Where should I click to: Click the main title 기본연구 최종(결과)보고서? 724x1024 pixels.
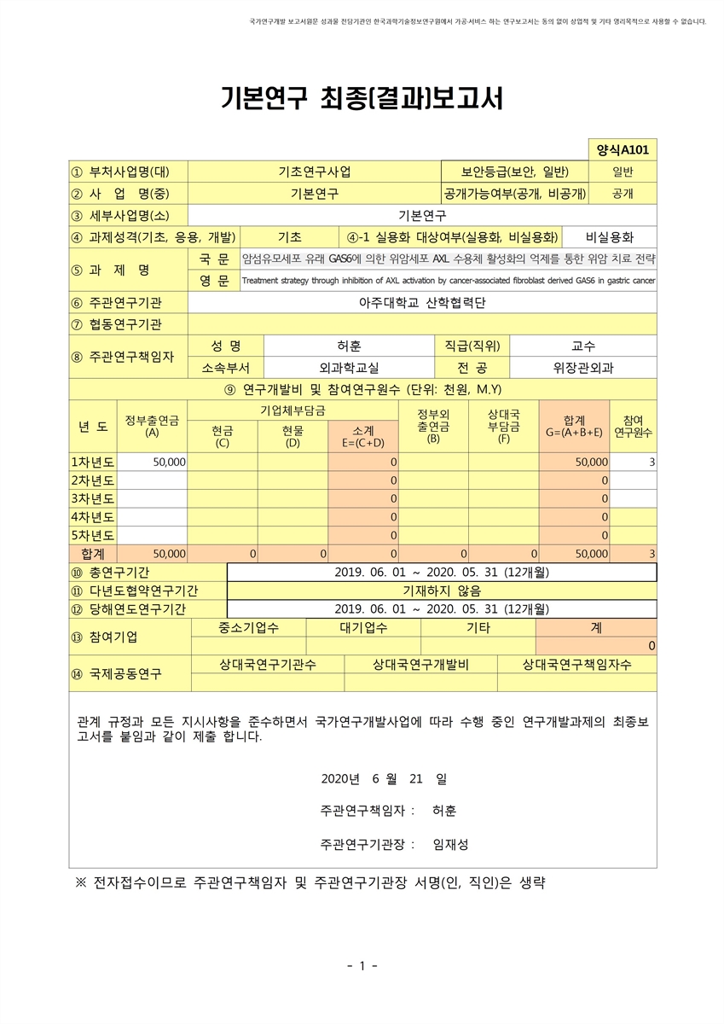(362, 99)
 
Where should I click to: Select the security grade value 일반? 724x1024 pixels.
(623, 172)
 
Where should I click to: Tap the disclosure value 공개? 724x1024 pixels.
(623, 194)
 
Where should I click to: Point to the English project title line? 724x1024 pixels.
(449, 280)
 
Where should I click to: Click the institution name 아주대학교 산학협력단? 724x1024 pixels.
(422, 302)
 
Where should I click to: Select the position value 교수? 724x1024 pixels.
(583, 346)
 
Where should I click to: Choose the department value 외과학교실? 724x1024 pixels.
(350, 368)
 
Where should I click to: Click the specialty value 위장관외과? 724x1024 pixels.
(583, 368)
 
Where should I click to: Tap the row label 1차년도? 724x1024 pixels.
(92, 462)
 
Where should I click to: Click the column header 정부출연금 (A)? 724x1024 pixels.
(152, 425)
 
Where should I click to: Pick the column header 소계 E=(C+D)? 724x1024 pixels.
(363, 437)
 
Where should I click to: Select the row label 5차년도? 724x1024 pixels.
(92, 536)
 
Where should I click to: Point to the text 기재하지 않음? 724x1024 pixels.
(442, 591)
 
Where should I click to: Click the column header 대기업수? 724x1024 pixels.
(362, 628)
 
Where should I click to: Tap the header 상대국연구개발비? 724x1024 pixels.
(420, 665)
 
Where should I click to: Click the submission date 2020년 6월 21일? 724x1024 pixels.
(384, 778)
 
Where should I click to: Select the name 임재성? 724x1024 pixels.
(450, 845)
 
